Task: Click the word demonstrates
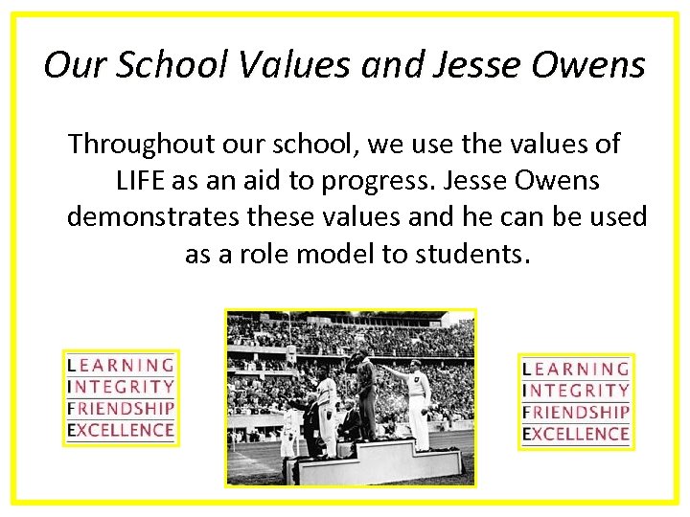coord(152,217)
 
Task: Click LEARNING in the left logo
coord(121,366)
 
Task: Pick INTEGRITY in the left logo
coord(121,387)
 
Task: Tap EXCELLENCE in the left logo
coord(121,430)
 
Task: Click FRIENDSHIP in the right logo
coord(576,412)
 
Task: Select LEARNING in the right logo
coord(576,370)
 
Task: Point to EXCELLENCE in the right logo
coord(576,434)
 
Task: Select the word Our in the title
coord(68,65)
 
